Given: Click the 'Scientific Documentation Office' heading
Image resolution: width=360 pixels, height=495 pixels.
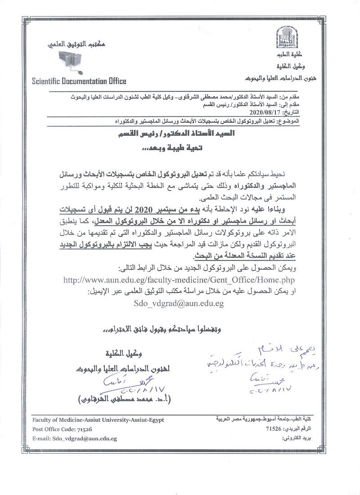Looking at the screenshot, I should [x=79, y=81].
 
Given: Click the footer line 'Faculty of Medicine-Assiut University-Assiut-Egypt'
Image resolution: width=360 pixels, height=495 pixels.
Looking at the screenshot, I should [x=99, y=420].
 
